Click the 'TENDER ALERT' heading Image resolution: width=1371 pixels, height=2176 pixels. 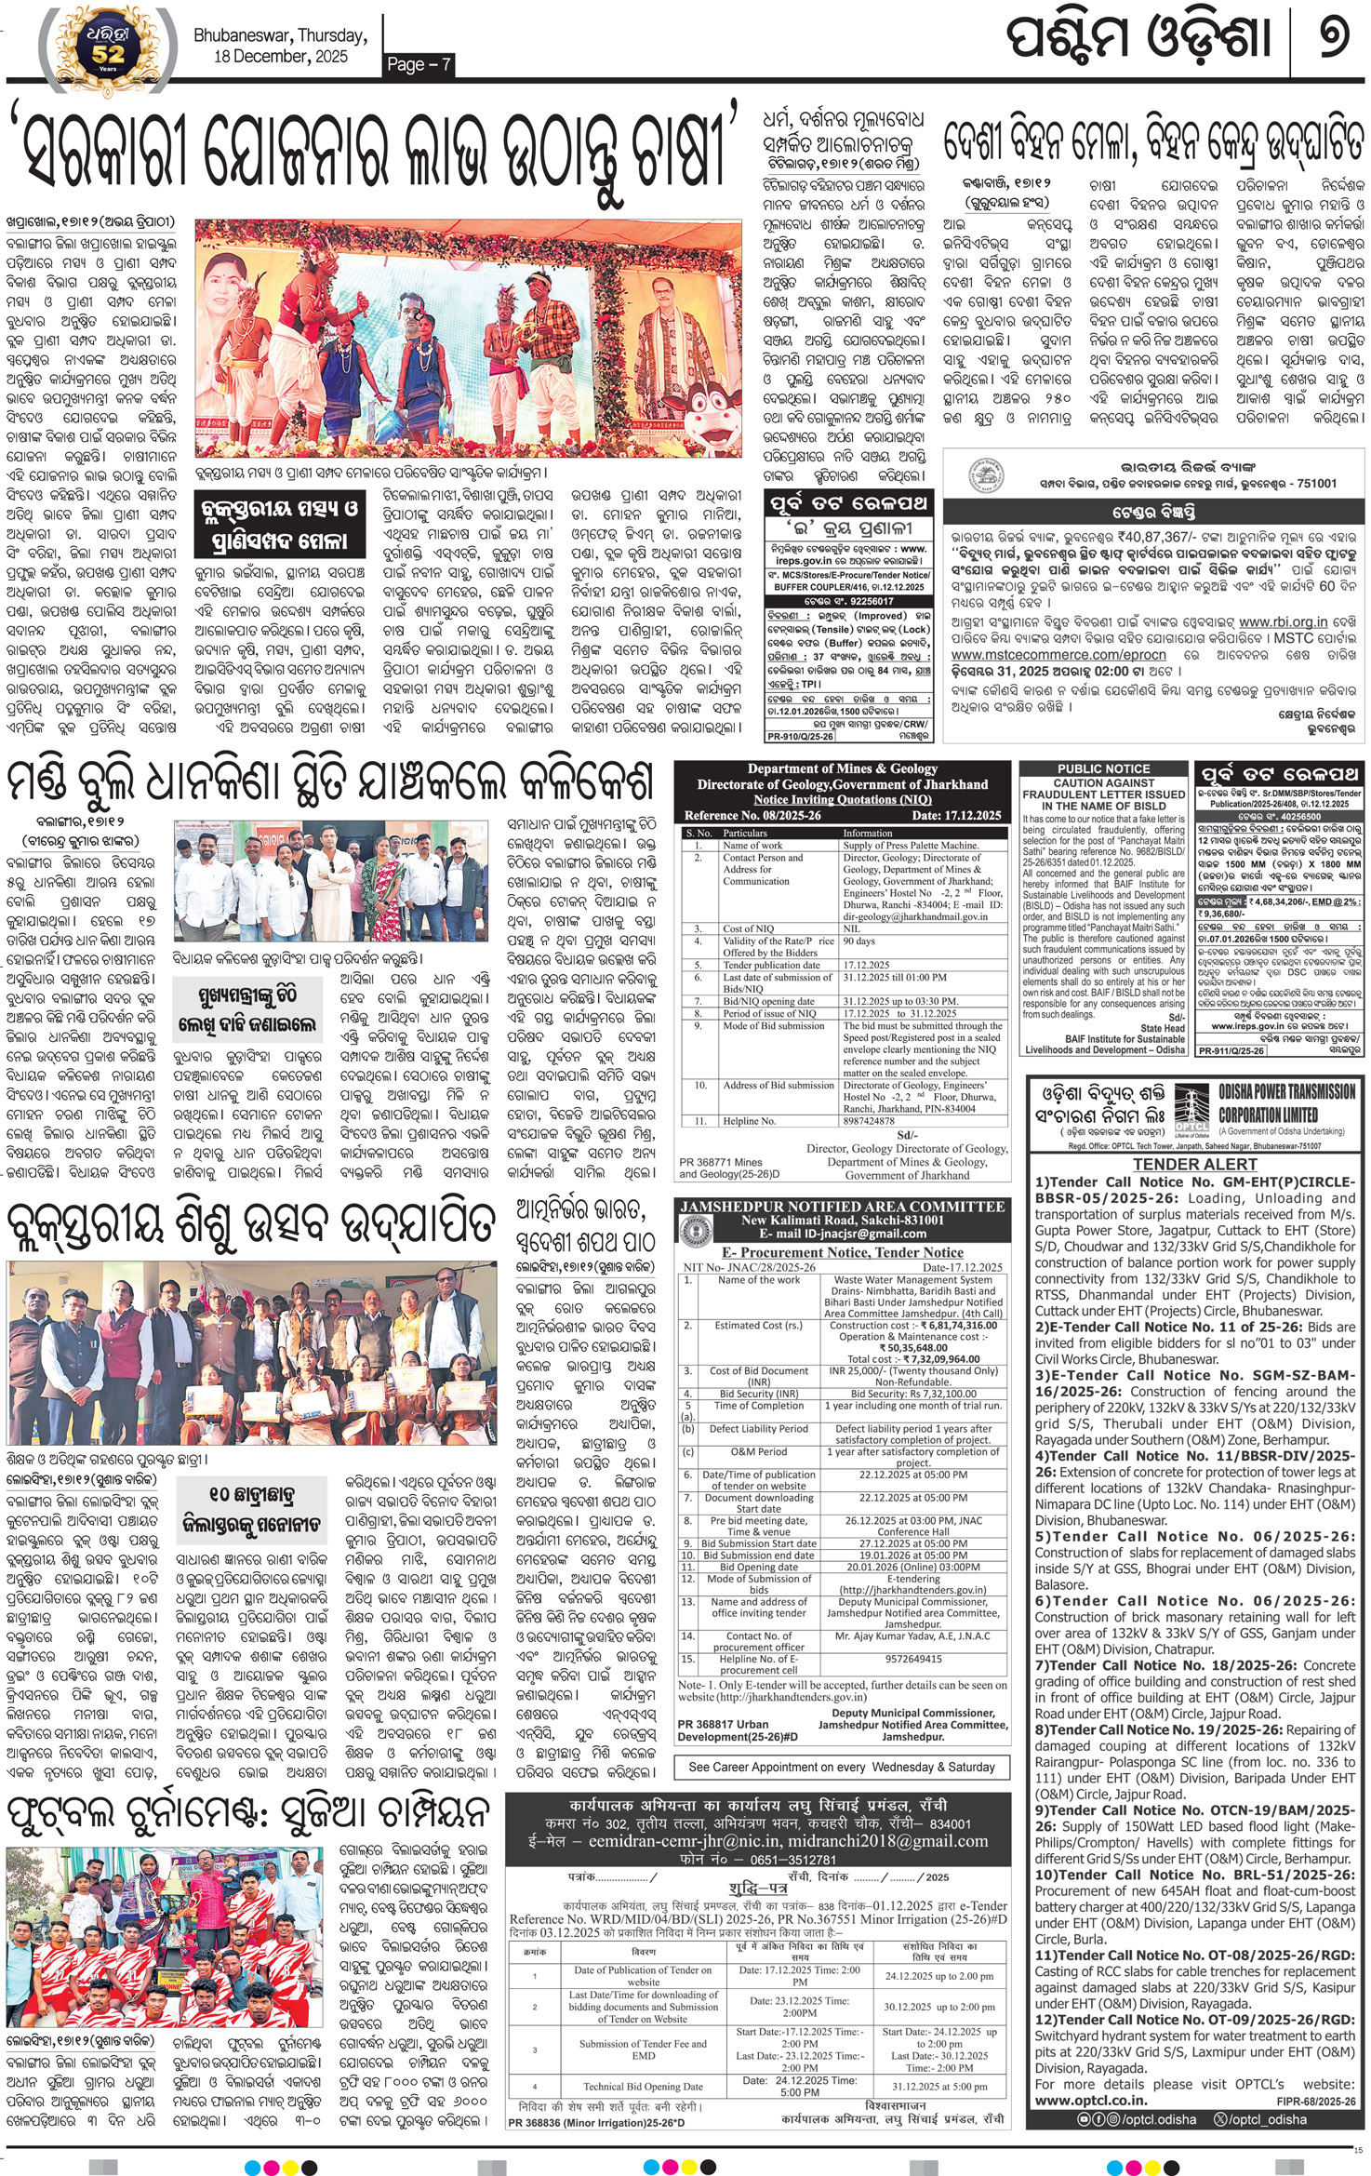click(x=1194, y=1164)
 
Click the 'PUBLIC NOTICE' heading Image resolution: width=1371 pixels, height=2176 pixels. click(x=1103, y=768)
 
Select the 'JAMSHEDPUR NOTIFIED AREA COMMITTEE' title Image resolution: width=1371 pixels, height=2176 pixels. click(x=843, y=1207)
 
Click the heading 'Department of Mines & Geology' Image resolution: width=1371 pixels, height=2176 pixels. click(x=842, y=768)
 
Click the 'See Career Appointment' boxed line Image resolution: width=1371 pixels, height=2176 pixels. click(x=842, y=1767)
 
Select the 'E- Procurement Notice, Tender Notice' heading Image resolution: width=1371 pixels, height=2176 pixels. click(x=843, y=1252)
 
